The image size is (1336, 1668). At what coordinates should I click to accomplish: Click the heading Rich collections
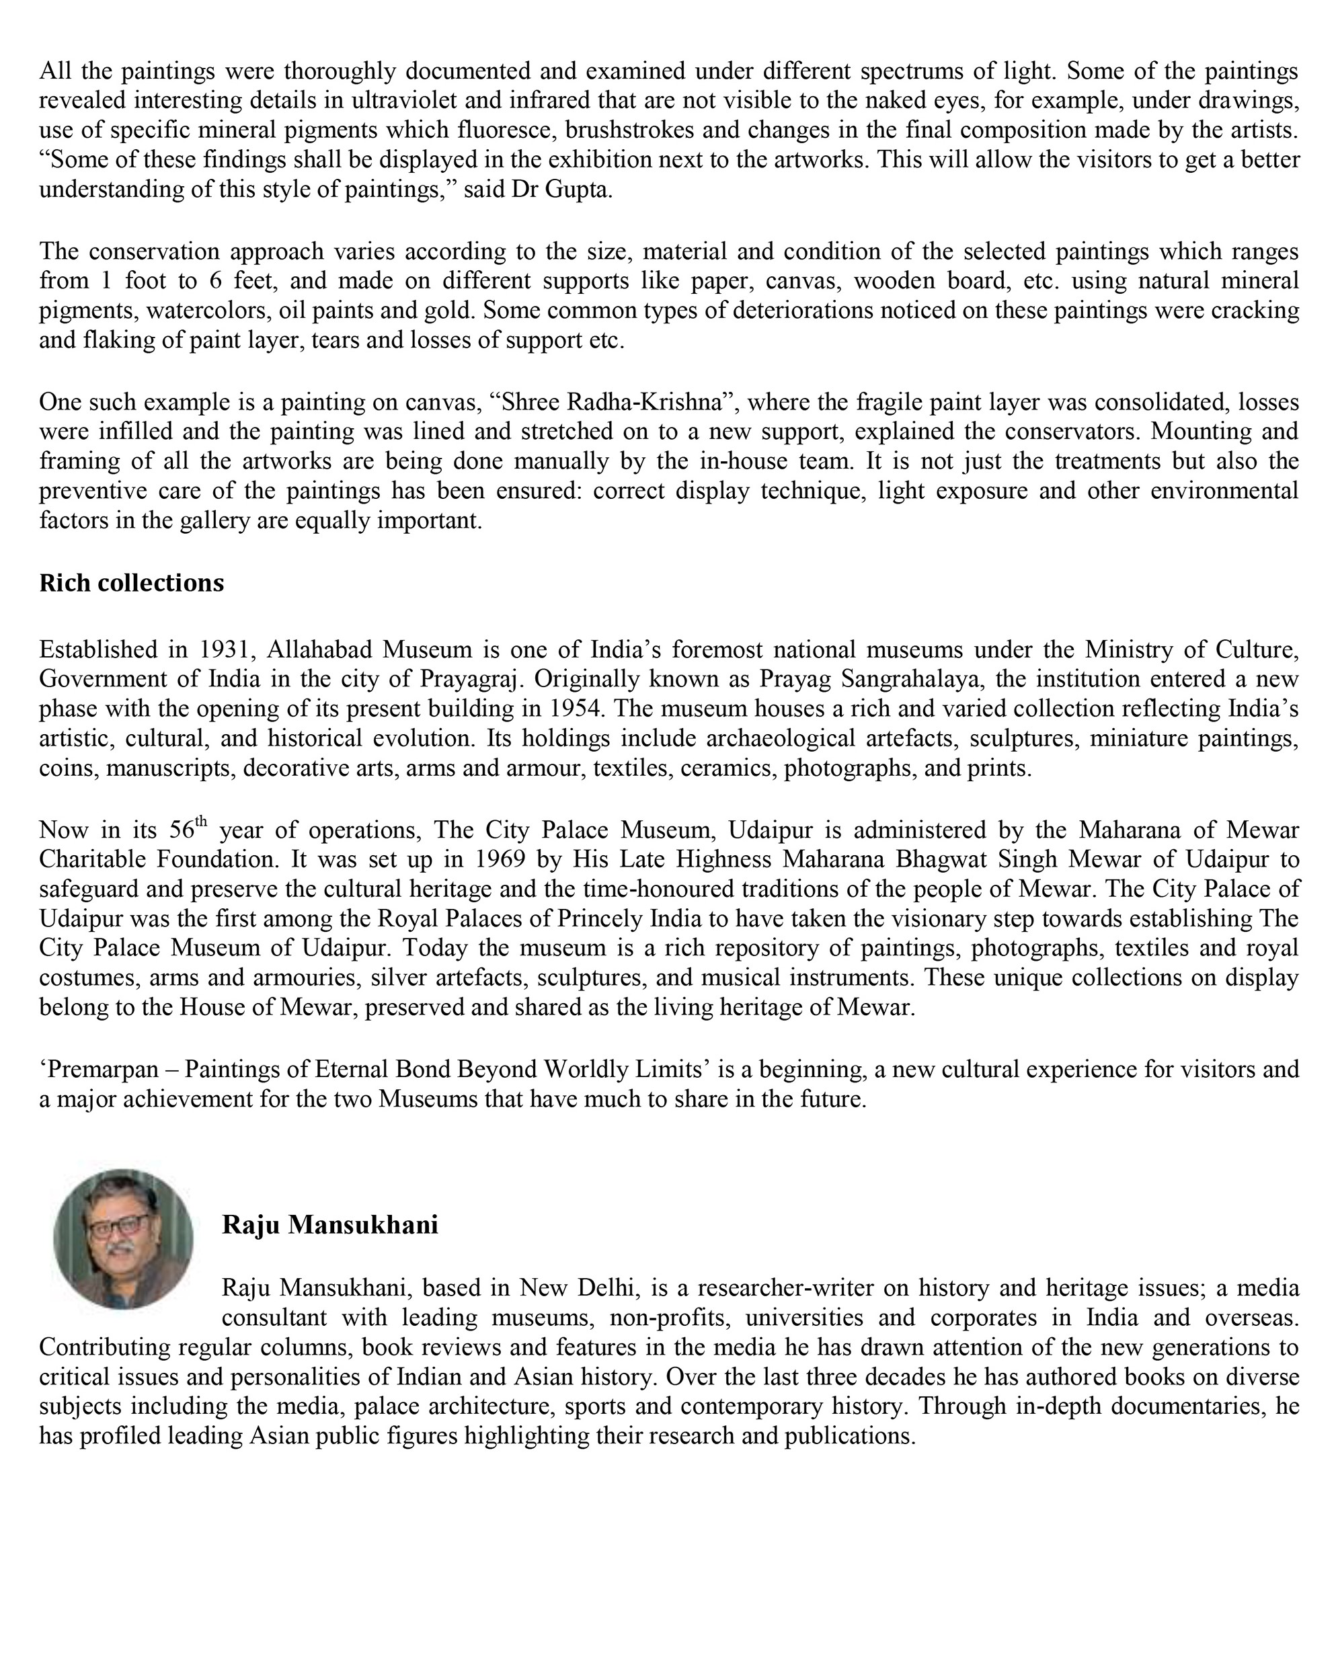click(132, 583)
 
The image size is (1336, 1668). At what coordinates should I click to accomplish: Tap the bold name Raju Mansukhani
click(329, 1225)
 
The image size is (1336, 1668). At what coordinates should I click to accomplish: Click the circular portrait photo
click(123, 1238)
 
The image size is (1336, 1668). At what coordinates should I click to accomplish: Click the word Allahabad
click(319, 649)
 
